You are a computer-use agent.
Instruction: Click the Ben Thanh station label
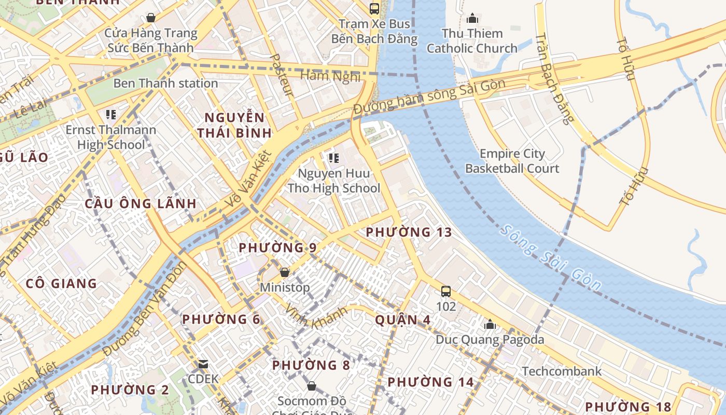click(165, 83)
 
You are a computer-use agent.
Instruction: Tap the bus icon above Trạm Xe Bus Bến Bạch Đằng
click(374, 8)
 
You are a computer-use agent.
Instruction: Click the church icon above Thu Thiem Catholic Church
click(472, 19)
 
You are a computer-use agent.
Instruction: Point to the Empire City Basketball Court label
click(512, 161)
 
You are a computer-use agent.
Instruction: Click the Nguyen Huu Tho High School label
click(334, 181)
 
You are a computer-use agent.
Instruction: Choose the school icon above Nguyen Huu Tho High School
click(333, 158)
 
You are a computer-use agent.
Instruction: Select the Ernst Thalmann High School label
click(111, 137)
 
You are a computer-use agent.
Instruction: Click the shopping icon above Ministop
click(284, 272)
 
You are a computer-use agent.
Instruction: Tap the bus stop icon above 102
click(446, 291)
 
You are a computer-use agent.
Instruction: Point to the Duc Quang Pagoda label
click(490, 340)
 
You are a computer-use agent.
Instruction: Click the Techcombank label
click(562, 371)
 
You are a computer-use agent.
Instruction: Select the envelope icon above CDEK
click(203, 364)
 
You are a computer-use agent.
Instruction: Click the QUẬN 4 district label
click(402, 320)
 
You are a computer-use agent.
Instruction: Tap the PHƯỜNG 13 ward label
click(409, 232)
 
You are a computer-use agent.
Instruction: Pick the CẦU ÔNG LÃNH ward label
click(141, 203)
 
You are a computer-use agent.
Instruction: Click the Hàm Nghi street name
click(330, 76)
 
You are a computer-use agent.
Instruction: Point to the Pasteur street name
click(283, 75)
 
